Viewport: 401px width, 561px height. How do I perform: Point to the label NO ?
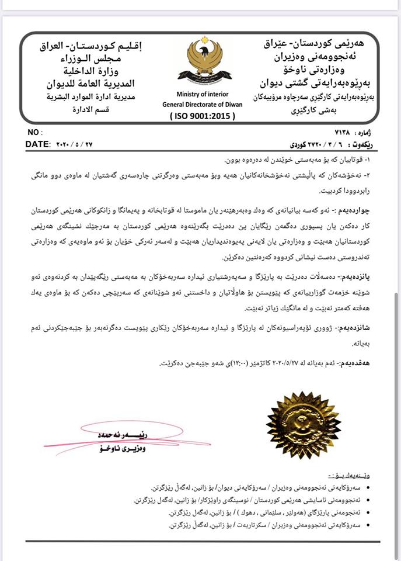(x=34, y=133)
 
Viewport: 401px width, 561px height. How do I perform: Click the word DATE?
(x=38, y=144)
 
